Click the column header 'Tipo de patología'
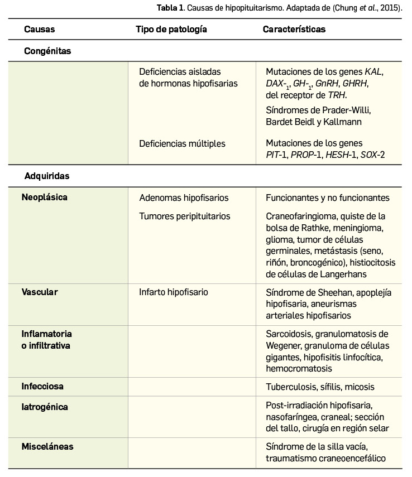171,30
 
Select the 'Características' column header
294,30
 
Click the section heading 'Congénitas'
47,51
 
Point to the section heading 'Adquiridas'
47,176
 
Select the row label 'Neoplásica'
45,197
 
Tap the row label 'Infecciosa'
42,386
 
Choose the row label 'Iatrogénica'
45,407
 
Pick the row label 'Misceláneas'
47,447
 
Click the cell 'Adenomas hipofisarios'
184,198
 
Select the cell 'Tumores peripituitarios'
184,216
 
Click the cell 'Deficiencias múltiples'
182,143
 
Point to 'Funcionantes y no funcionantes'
328,198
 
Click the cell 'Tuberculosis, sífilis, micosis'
320,387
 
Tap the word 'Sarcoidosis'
289,334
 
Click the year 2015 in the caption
390,8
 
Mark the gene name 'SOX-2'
372,155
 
